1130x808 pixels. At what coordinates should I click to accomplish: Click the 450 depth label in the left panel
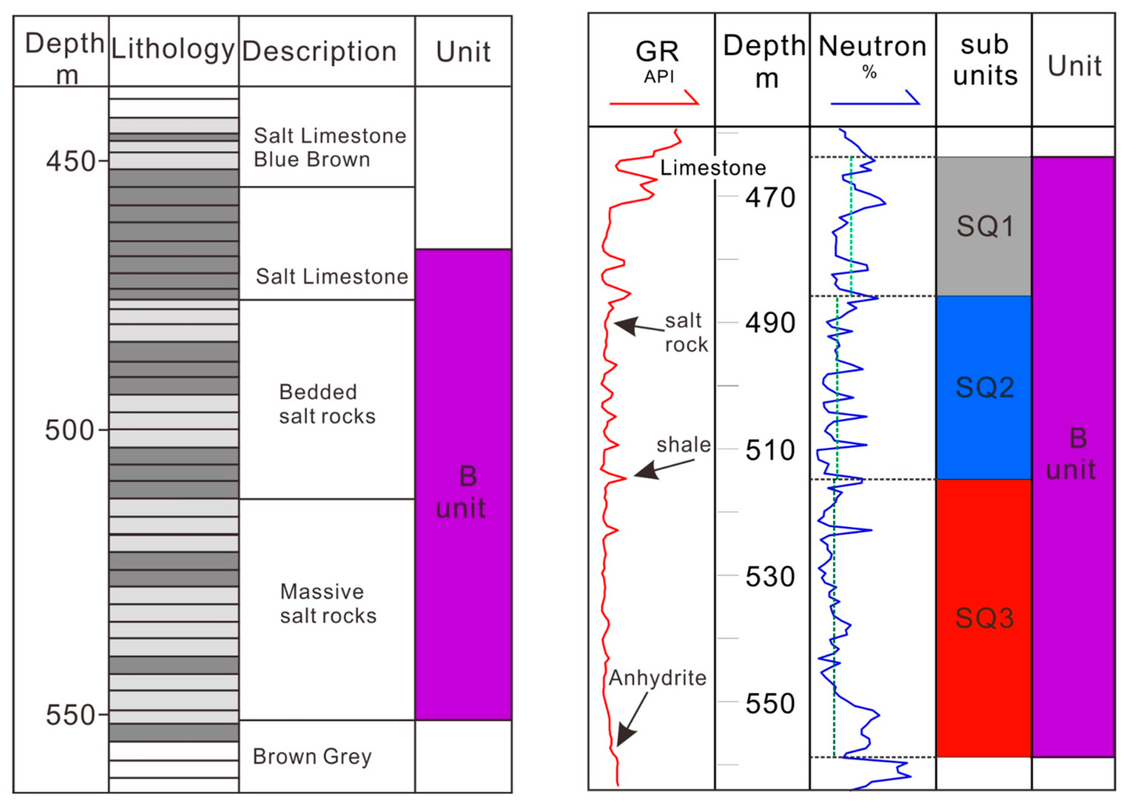[x=71, y=161]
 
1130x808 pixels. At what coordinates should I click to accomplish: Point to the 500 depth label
[x=70, y=430]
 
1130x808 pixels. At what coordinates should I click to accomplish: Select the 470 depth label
[x=770, y=197]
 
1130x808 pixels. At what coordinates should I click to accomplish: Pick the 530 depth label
[x=770, y=577]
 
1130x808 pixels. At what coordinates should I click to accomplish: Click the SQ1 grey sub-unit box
[x=984, y=226]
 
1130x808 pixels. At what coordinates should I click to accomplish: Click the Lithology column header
[x=173, y=50]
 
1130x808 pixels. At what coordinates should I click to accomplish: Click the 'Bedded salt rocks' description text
[x=327, y=404]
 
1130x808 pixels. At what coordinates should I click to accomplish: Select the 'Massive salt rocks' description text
[x=328, y=603]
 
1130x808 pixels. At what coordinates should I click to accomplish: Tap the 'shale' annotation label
[x=683, y=445]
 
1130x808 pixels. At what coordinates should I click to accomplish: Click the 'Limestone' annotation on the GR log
[x=713, y=168]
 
